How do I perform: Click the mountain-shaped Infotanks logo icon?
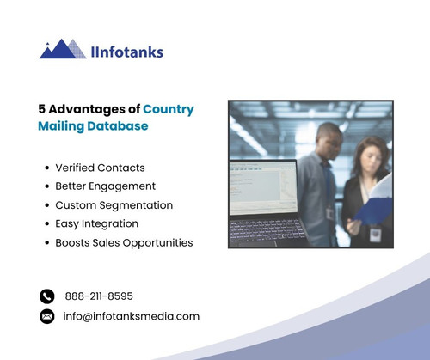tap(62, 50)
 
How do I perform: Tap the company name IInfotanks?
tap(126, 52)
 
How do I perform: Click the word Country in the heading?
tap(169, 109)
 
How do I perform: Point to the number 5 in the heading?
tap(42, 109)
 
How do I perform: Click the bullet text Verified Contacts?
tap(100, 168)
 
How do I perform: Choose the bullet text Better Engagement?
tap(105, 186)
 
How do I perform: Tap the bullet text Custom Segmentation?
tap(114, 205)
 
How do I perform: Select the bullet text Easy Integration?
tap(96, 223)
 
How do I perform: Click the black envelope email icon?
tap(47, 316)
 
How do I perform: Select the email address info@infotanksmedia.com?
tap(132, 316)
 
